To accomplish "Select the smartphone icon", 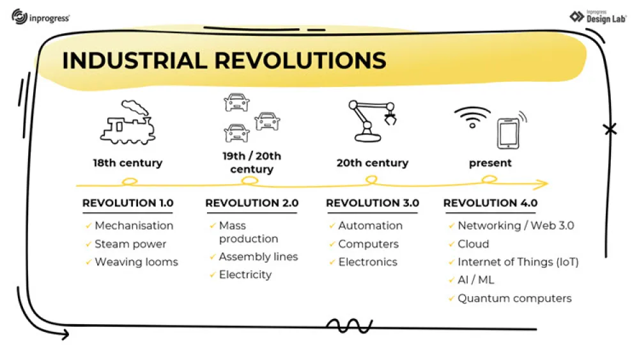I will click(x=507, y=132).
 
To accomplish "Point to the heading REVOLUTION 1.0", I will click(x=128, y=203).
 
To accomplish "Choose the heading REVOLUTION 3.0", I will click(x=373, y=203).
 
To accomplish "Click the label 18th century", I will click(x=128, y=163).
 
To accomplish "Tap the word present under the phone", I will click(x=490, y=163).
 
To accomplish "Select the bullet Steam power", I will click(x=130, y=244).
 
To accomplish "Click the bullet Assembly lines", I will click(x=258, y=256).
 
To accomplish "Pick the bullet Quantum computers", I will click(x=514, y=298).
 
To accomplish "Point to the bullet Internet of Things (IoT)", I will click(x=518, y=262).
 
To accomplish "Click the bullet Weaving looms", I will click(x=136, y=262).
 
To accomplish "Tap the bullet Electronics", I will click(x=367, y=262).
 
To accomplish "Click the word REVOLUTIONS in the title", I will click(x=300, y=60).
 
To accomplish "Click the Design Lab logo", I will click(x=598, y=17).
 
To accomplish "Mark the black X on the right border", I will click(x=610, y=130).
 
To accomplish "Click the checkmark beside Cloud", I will click(x=452, y=244).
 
